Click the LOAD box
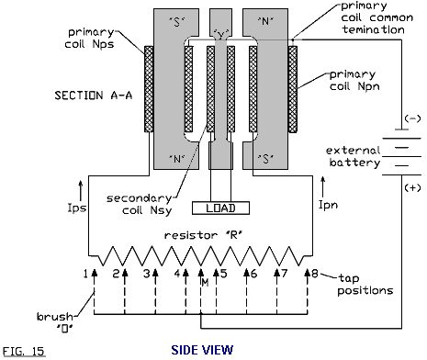[220, 208]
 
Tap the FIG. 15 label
[24, 351]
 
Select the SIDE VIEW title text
[202, 350]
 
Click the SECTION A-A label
[94, 96]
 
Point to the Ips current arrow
[81, 190]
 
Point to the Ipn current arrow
[322, 186]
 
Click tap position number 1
[85, 274]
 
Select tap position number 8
[315, 273]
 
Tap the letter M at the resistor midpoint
[205, 283]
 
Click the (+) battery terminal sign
[412, 187]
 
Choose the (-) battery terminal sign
[412, 118]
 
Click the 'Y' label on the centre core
[220, 35]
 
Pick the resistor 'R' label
[203, 235]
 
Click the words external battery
[353, 156]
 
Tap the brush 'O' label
[55, 322]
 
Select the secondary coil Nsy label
[140, 205]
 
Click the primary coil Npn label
[354, 81]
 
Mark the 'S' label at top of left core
[177, 21]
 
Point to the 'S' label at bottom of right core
[265, 159]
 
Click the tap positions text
[365, 285]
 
